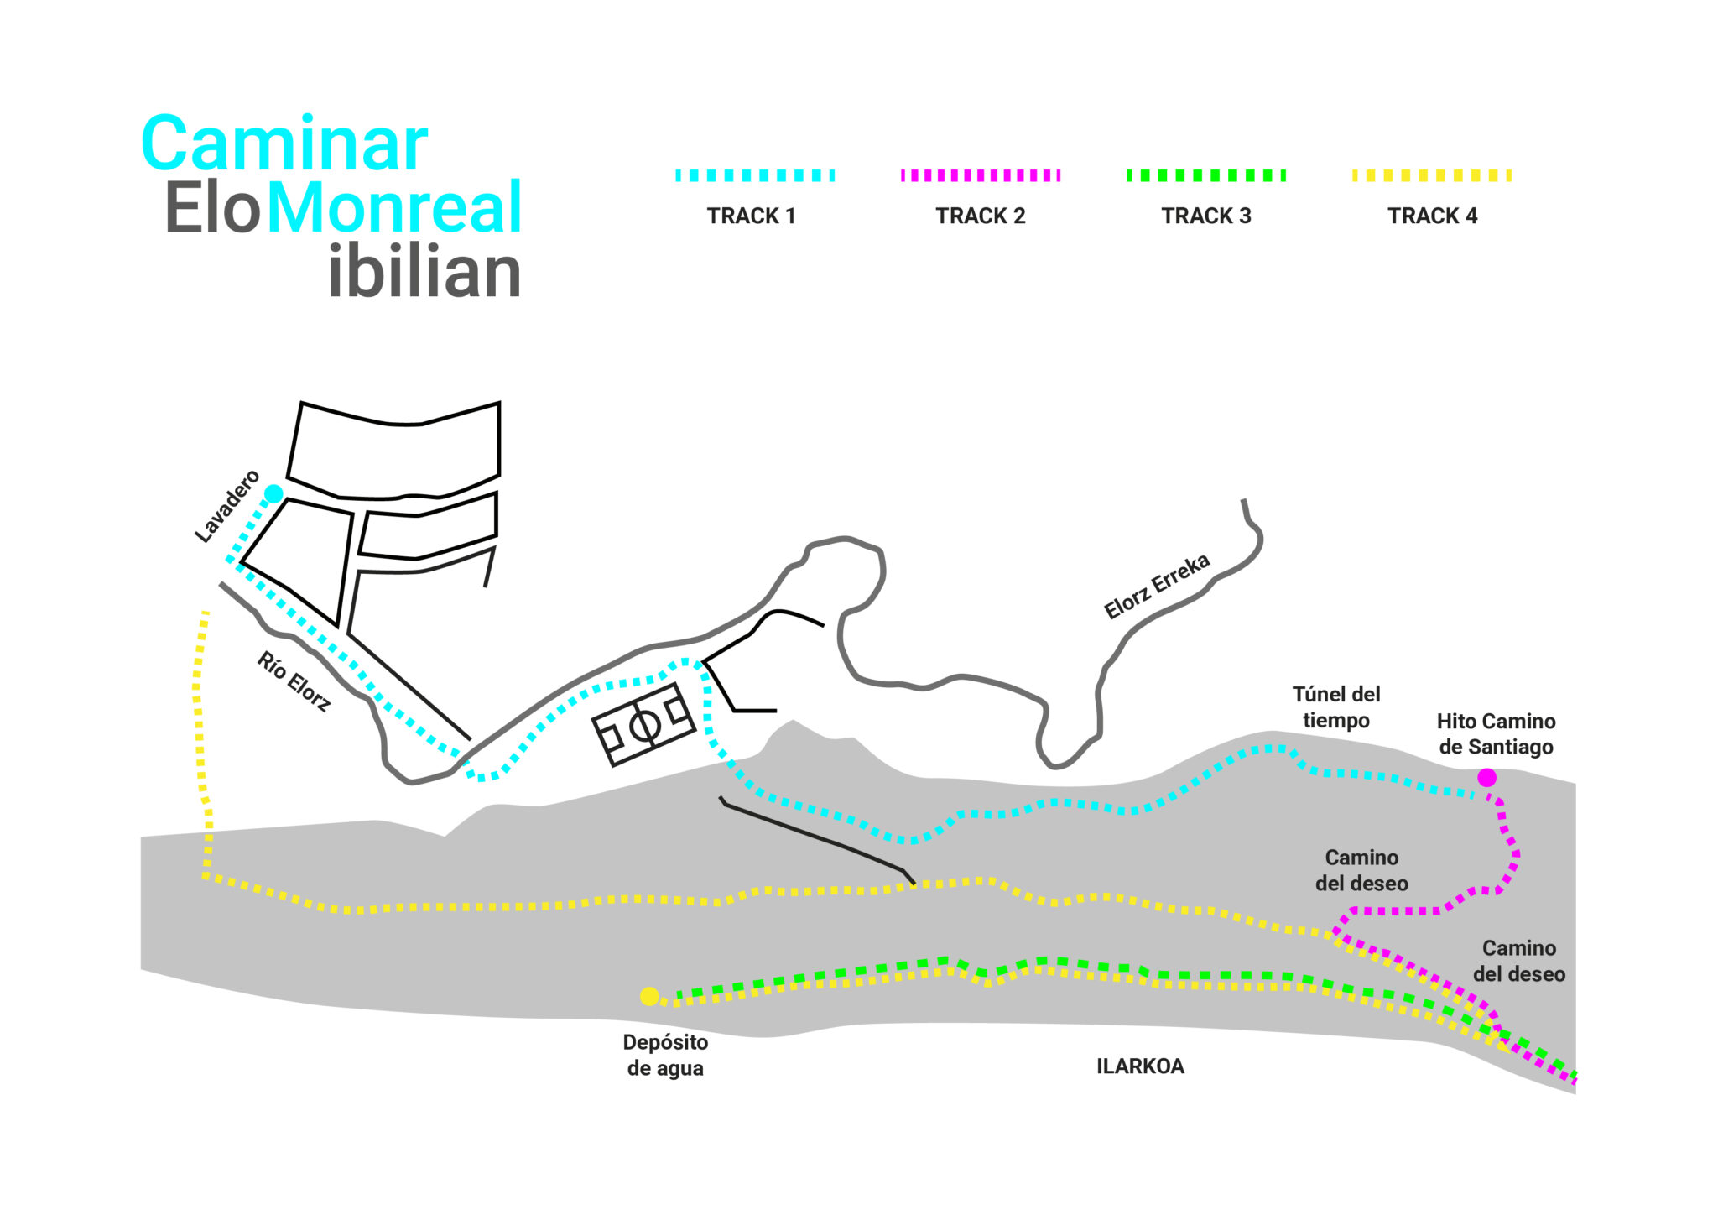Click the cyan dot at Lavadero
tap(273, 493)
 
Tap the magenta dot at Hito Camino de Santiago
tap(1486, 778)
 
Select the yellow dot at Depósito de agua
tap(649, 996)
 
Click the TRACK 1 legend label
tap(751, 216)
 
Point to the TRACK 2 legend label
tap(981, 216)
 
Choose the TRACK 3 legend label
tap(1206, 216)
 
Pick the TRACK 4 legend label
tap(1432, 216)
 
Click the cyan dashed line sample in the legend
tap(755, 175)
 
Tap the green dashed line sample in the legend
tap(1206, 175)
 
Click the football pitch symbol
tap(644, 724)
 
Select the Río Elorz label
tap(294, 681)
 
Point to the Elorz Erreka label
tap(1157, 586)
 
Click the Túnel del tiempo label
tap(1336, 707)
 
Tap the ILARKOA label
tap(1140, 1066)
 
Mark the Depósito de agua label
tap(665, 1055)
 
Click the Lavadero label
tap(227, 507)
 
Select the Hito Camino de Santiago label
tap(1496, 733)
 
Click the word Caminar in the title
tap(285, 144)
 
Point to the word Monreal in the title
tap(394, 207)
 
